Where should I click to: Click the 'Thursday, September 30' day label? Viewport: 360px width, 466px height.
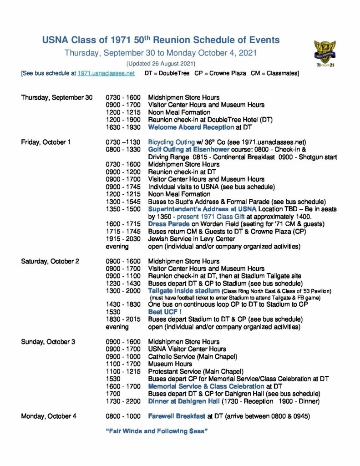pos(57,97)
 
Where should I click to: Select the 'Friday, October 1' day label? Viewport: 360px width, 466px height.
pos(46,142)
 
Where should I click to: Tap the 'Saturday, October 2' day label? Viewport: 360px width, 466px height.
pos(50,261)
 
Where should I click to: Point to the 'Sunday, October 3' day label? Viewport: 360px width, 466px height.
pos(48,342)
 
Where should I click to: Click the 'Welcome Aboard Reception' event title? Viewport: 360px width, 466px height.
pos(188,127)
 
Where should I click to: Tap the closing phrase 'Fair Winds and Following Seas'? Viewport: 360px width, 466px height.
pos(157,431)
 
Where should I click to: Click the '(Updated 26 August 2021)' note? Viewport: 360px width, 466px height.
pos(161,63)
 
